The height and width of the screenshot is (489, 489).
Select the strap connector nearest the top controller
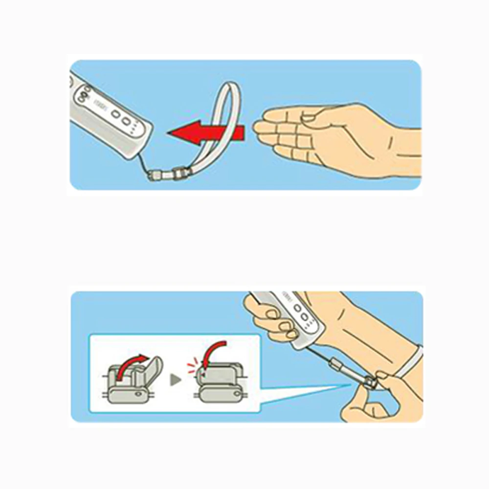click(157, 175)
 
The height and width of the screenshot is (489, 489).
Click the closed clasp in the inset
click(220, 386)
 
